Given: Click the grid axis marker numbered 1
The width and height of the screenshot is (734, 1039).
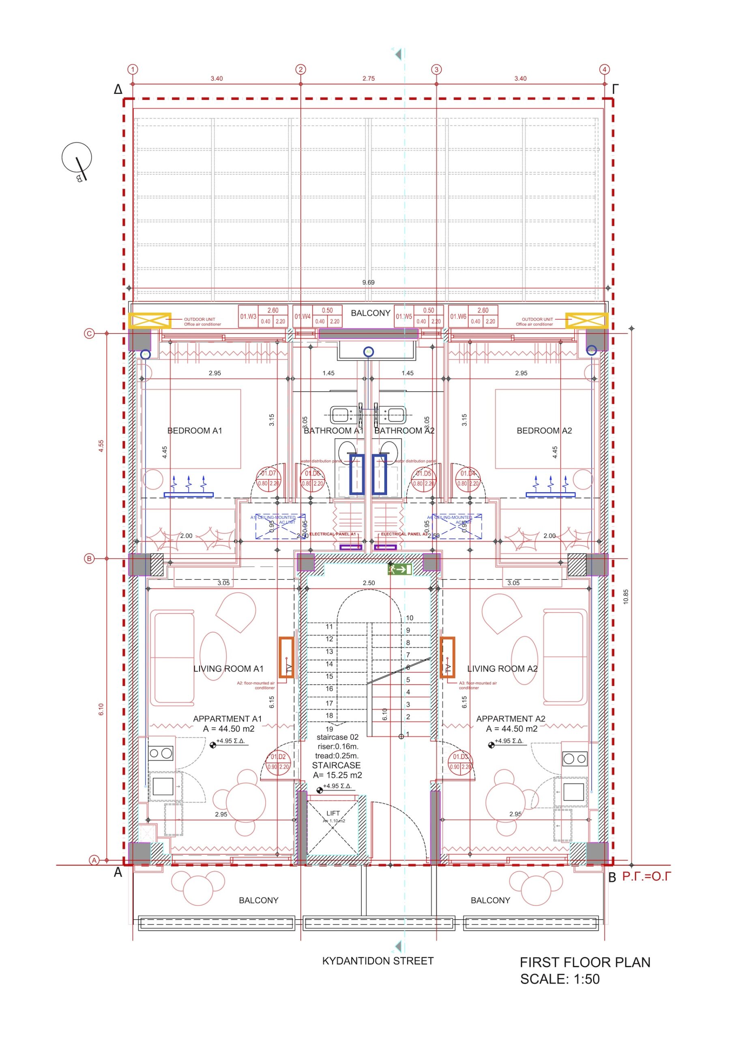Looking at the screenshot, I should (x=133, y=69).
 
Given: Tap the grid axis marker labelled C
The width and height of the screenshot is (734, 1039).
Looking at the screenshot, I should (x=89, y=334).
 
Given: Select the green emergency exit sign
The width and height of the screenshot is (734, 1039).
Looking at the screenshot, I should (x=399, y=569).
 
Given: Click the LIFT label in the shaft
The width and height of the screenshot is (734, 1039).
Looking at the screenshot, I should (x=333, y=813).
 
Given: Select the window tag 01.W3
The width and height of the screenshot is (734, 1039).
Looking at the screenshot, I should (x=248, y=316).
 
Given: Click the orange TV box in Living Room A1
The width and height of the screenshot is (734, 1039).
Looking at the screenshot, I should (x=286, y=657).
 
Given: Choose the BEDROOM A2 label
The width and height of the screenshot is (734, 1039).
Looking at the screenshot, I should (x=544, y=430).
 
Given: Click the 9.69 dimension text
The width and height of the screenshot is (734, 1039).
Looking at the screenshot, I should (x=368, y=282).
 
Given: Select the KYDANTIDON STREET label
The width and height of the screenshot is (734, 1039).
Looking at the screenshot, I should (x=378, y=961).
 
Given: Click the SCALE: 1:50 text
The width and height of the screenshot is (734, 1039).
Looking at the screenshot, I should (x=560, y=979).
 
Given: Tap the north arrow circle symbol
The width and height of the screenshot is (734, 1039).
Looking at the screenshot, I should (x=77, y=157).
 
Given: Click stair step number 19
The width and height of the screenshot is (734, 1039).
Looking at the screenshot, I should (x=329, y=729).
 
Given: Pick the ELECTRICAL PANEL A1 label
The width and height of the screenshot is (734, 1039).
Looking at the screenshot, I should (x=333, y=534).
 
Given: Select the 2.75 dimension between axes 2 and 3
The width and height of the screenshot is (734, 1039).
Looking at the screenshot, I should (x=368, y=78).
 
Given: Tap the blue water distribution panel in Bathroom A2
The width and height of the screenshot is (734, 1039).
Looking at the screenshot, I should (x=379, y=474).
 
